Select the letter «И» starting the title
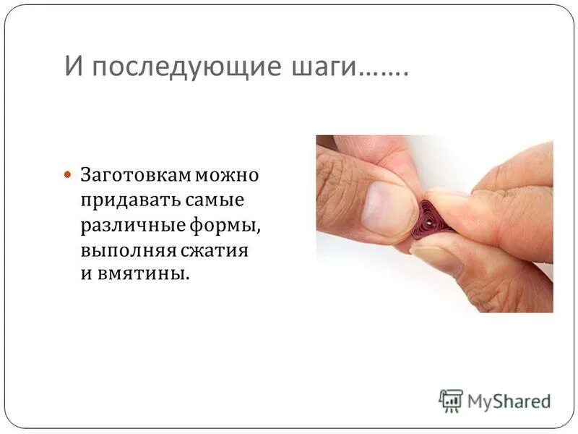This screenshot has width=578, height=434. pyautogui.click(x=72, y=67)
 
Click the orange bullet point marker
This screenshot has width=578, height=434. pyautogui.click(x=69, y=175)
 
